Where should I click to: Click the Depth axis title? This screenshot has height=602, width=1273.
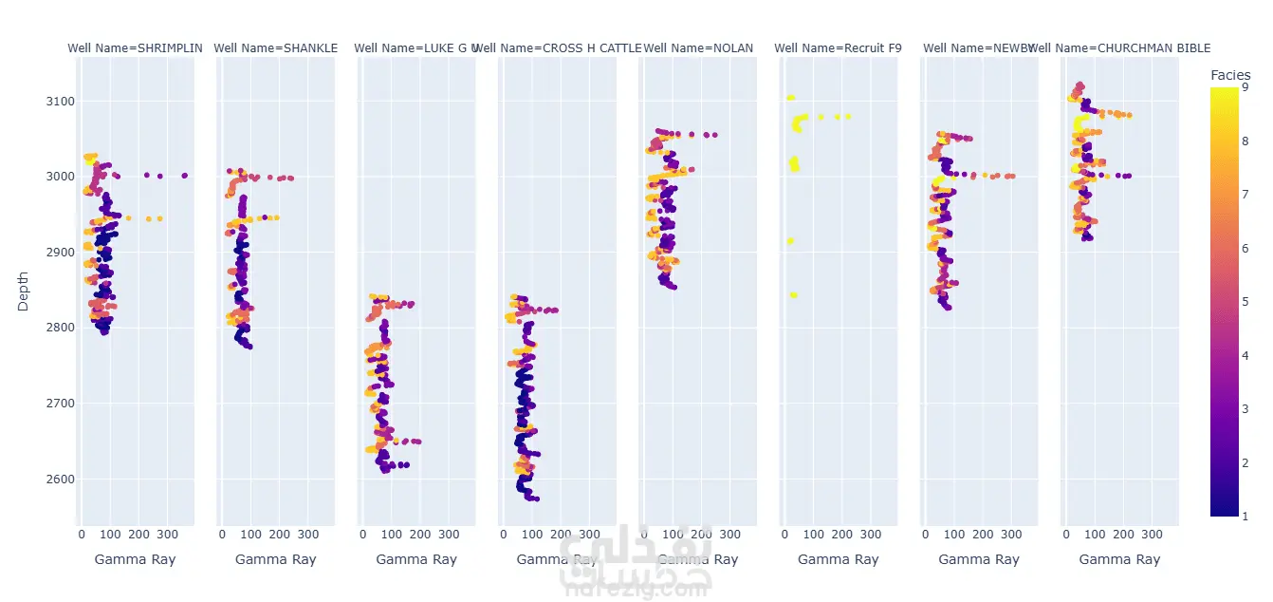point(24,292)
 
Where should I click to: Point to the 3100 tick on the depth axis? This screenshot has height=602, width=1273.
point(49,101)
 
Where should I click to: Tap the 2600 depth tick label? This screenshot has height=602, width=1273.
point(49,479)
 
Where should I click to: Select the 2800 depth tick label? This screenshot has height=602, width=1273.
point(49,328)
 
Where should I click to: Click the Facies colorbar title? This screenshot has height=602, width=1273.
point(1230,75)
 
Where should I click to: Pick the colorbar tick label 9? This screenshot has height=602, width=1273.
point(1243,87)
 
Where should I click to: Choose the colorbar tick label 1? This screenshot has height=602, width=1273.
point(1243,516)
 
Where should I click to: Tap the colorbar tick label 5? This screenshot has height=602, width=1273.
point(1243,301)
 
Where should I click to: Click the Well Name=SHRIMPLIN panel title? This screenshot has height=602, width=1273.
point(135,47)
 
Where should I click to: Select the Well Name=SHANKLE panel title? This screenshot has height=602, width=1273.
point(275,47)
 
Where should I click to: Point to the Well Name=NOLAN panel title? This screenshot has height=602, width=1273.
point(698,47)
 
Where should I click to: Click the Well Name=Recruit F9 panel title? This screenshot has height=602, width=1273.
point(838,47)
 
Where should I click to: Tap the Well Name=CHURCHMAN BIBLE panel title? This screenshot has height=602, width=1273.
point(1121,47)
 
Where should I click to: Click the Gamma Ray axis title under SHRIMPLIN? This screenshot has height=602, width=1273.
point(135,559)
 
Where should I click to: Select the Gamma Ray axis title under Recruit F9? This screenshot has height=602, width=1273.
point(838,559)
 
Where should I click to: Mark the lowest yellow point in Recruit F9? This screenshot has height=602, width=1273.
point(793,295)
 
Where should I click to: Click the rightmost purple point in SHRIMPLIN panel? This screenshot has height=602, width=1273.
point(184,176)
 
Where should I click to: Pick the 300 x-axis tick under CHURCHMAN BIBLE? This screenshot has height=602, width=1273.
point(1152,535)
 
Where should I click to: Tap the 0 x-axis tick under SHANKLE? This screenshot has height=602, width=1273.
point(223,535)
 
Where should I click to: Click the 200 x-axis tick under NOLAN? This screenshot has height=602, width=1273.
point(702,535)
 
